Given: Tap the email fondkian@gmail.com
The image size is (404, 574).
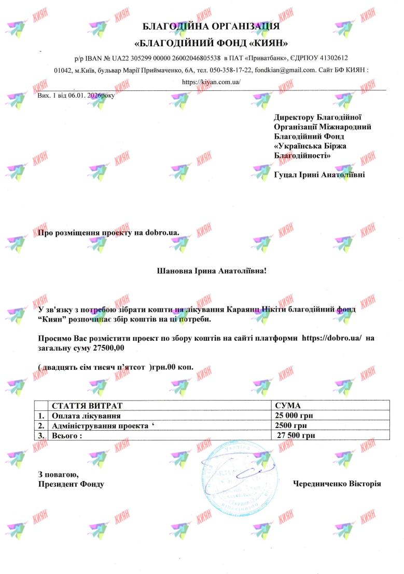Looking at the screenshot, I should (286, 70).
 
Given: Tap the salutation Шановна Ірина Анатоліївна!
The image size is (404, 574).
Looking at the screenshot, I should (211, 271).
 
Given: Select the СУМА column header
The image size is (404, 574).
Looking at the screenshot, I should (288, 405).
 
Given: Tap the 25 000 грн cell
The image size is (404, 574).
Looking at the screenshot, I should (294, 416).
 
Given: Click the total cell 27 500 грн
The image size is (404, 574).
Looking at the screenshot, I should (296, 435).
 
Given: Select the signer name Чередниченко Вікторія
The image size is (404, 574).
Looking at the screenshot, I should (337, 484).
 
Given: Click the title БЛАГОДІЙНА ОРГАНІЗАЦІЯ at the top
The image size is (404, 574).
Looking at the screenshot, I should (212, 26).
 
